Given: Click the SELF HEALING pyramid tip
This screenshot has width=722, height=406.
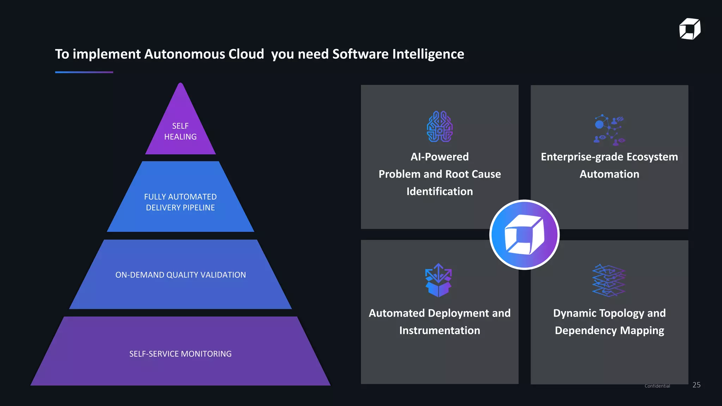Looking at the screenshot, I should pos(180,131).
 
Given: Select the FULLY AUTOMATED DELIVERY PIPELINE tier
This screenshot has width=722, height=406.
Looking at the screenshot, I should pos(180,202).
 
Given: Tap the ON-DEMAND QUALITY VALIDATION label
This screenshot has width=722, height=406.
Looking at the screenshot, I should pos(180,275).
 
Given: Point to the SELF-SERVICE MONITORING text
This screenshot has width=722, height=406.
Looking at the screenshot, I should pos(180,354).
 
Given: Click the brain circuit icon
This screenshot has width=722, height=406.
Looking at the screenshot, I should pos(440,127).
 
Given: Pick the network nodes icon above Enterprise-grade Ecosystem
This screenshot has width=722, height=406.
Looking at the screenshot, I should pos(609,130).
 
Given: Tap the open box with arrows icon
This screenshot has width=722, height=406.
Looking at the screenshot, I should pos(438,280).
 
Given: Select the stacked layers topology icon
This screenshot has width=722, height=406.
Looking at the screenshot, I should pos(609,281).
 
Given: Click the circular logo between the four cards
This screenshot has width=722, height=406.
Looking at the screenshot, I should pos(525,235).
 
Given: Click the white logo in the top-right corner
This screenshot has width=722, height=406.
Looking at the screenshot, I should pos(690,29).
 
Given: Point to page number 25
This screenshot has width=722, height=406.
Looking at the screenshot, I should pos(696,385).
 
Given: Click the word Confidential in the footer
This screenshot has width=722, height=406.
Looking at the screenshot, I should pos(657,386).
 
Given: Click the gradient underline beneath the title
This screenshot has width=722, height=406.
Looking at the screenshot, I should pos(84,72).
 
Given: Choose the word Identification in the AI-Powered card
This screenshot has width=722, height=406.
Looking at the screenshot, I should pos(440,191).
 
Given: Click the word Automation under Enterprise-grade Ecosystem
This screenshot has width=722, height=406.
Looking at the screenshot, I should pos(609,174).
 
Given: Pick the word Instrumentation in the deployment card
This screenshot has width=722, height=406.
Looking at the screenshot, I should pos(440,331).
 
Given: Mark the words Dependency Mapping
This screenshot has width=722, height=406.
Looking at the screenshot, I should pos(609,331).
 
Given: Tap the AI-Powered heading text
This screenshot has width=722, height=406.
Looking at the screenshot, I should pos(440,157).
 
